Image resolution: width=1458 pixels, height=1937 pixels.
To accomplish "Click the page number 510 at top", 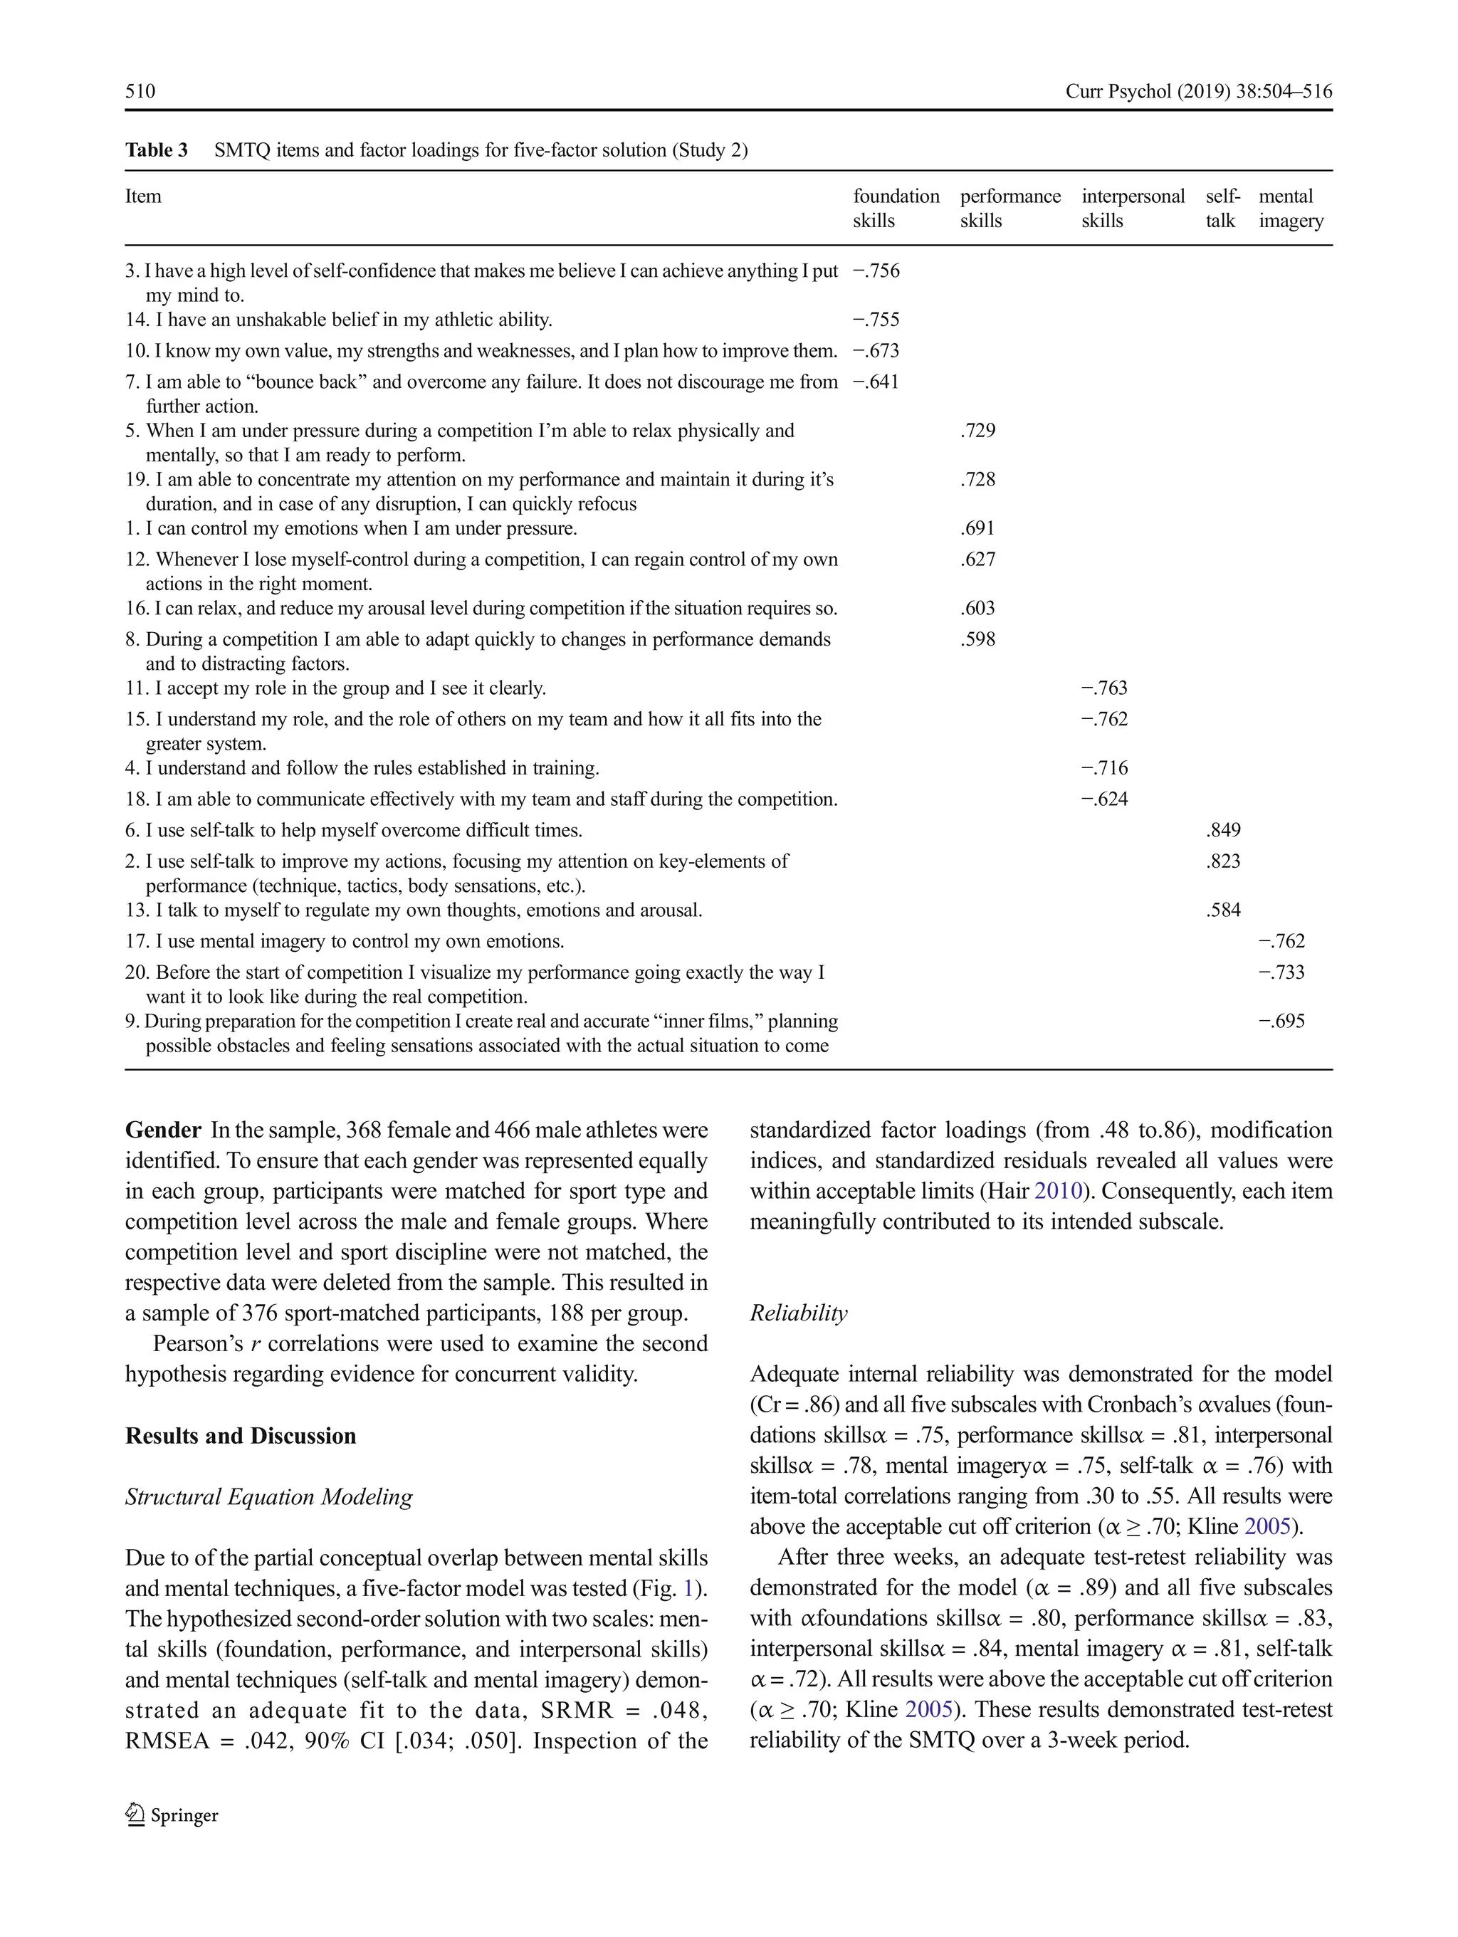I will click(x=140, y=91).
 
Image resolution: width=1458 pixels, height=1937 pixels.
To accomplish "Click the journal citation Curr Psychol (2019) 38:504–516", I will click(x=1198, y=91).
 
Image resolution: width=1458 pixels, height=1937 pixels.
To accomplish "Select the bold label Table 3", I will click(x=156, y=149).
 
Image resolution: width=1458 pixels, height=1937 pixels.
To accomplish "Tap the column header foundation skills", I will click(x=896, y=209).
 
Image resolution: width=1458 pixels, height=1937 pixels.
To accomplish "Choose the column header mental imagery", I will click(x=1290, y=209).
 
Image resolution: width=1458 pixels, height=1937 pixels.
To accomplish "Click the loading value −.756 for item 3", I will click(x=876, y=271).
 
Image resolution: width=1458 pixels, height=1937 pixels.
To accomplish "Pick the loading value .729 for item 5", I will click(x=977, y=430).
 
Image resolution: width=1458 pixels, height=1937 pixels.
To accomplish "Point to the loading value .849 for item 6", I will click(x=1222, y=829).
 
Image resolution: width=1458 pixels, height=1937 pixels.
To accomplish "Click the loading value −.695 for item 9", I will click(x=1281, y=1020).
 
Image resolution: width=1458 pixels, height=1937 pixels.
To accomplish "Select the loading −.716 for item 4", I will click(x=1104, y=767).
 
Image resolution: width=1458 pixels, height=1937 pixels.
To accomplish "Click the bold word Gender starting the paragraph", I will click(x=163, y=1130).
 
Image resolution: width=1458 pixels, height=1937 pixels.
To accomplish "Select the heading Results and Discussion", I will click(x=240, y=1435).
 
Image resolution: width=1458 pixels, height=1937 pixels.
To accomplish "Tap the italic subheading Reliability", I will click(x=798, y=1313).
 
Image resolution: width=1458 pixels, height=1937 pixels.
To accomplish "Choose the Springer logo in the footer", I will click(x=172, y=1815).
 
